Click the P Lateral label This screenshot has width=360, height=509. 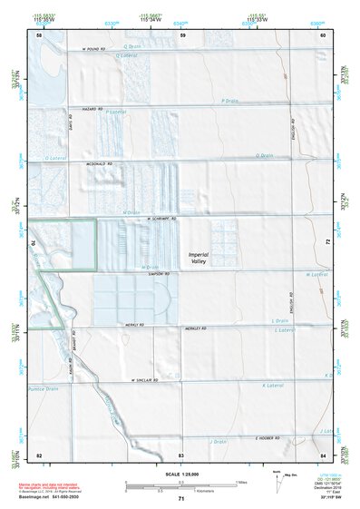pos(115,112)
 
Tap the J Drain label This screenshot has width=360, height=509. pos(218,441)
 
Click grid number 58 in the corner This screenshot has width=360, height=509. pos(39,34)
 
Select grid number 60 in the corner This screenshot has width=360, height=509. pos(323,34)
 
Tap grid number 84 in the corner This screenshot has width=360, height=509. pos(323,454)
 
